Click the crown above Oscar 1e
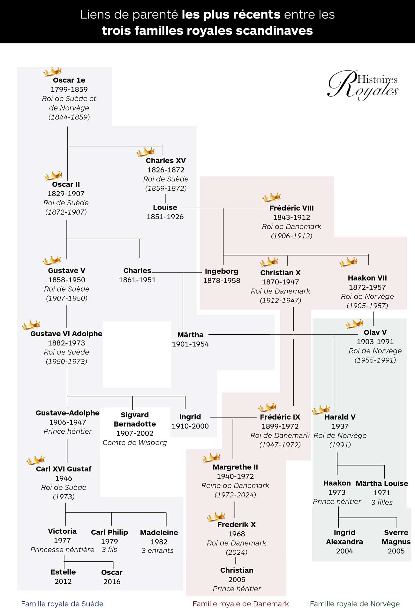pos(53,72)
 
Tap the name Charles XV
pos(166,161)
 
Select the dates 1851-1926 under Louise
pos(165,217)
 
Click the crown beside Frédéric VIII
pos(272,197)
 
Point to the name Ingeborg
pos(222,271)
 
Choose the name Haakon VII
pos(367,278)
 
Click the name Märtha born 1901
pos(190,335)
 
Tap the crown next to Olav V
pos(354,323)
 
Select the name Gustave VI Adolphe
pos(66,334)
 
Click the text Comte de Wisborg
pos(135,443)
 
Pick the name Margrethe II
pos(235,467)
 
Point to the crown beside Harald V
pos(321,410)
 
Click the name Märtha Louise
pos(382,483)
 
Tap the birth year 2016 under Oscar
pos(112,582)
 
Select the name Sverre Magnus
pos(396,537)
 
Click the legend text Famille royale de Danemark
pos(241,604)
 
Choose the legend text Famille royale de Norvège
pos(355,604)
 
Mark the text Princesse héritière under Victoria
pos(62,550)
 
